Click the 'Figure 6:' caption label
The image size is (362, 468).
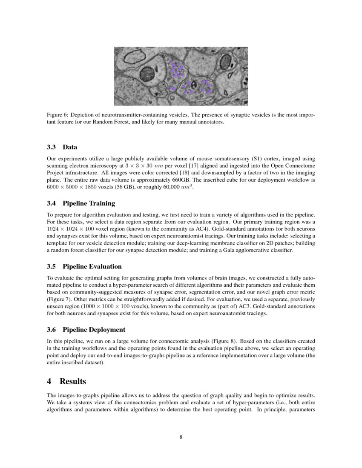[57, 115]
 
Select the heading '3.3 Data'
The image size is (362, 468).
[62, 147]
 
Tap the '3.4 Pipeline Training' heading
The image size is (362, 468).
[80, 203]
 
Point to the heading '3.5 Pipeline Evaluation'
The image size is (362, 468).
[84, 266]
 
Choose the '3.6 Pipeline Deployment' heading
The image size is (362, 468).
[86, 329]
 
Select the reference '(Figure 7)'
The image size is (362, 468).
[58, 300]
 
